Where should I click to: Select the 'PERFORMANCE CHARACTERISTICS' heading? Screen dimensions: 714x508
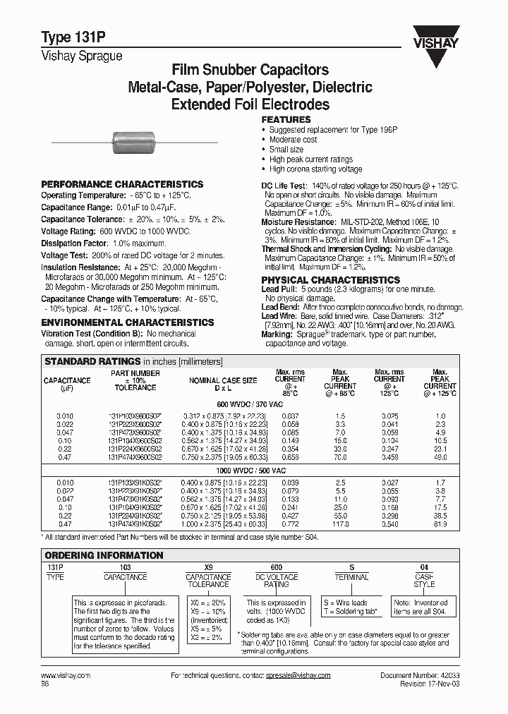pyautogui.click(x=122, y=184)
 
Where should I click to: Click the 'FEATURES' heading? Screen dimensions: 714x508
pyautogui.click(x=286, y=120)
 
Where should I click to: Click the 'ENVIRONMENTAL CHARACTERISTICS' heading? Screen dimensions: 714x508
pyautogui.click(x=127, y=322)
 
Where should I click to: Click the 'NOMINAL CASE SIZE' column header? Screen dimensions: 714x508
pyautogui.click(x=222, y=380)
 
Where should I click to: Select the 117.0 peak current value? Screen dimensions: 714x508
pyautogui.click(x=340, y=524)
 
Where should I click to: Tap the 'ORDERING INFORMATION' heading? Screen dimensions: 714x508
pyautogui.click(x=104, y=555)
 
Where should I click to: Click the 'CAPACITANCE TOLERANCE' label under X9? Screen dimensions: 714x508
pyautogui.click(x=207, y=581)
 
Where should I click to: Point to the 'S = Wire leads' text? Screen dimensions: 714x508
pyautogui.click(x=345, y=603)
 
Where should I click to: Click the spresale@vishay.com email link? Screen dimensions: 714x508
pyautogui.click(x=296, y=675)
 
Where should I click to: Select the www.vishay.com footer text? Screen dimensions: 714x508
pyautogui.click(x=66, y=675)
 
